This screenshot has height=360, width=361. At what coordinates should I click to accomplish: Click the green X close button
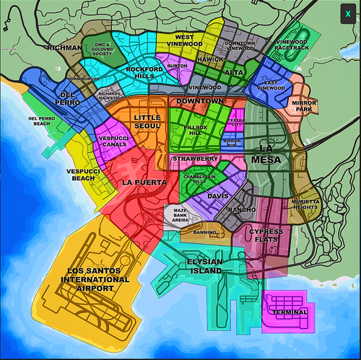348,13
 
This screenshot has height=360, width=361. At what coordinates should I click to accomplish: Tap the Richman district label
66,48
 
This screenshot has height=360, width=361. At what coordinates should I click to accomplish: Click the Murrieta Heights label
305,204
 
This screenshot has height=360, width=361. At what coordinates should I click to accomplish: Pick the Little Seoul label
147,122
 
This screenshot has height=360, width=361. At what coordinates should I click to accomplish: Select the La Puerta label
144,182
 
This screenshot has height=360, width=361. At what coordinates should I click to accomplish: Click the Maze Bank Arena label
181,215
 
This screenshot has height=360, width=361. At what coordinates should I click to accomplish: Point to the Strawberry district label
195,158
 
